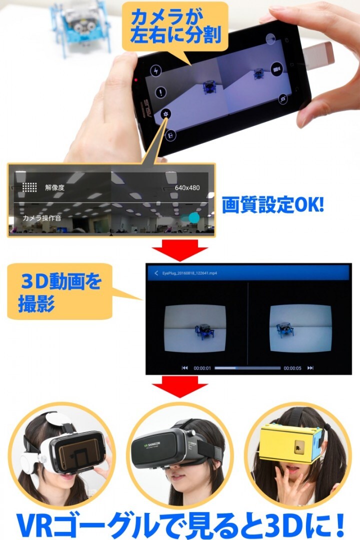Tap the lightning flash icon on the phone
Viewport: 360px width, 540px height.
pyautogui.click(x=156, y=71)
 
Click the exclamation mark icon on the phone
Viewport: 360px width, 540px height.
pyautogui.click(x=161, y=92)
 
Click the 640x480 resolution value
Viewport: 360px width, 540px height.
pyautogui.click(x=187, y=188)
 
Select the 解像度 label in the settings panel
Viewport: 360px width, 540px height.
pyautogui.click(x=54, y=188)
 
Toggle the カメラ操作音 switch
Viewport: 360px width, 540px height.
pyautogui.click(x=191, y=217)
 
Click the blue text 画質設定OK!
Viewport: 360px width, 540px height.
pyautogui.click(x=273, y=205)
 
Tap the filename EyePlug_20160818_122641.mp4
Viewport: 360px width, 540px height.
pyautogui.click(x=189, y=273)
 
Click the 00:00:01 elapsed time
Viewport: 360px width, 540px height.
pyautogui.click(x=202, y=368)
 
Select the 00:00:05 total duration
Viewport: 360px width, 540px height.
pyautogui.click(x=292, y=368)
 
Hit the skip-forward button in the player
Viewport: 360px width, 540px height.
pyautogui.click(x=310, y=368)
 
